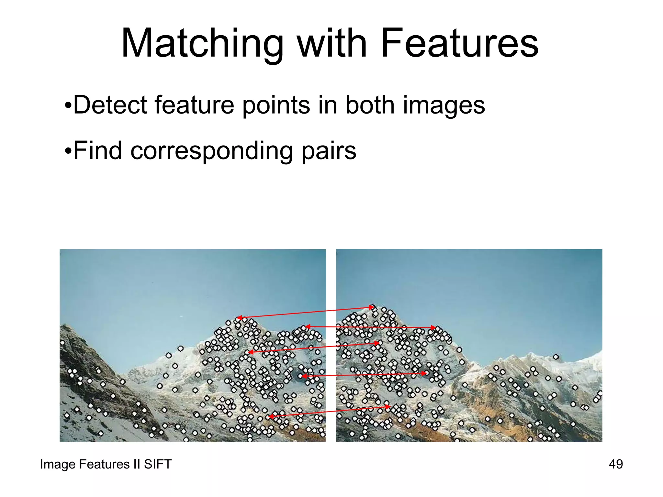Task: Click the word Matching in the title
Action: click(202, 44)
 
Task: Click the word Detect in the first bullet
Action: click(110, 105)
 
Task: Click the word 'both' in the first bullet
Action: click(370, 105)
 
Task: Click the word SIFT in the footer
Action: click(158, 464)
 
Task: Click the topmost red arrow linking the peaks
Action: click(304, 313)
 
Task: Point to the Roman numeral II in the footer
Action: click(136, 464)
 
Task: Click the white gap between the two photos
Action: click(331, 291)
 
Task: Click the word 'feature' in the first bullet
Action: click(194, 105)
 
